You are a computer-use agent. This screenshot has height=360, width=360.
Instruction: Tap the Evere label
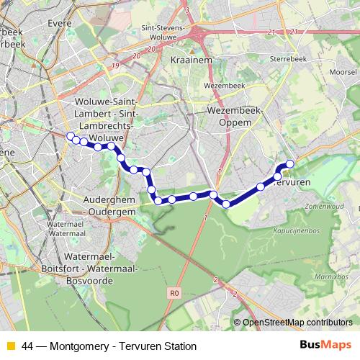coord(60,23)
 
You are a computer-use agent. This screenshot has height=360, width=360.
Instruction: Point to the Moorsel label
coord(342,73)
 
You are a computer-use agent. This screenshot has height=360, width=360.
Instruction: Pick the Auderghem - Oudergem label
coord(112,207)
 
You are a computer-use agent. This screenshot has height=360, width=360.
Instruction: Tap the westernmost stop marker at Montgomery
coord(70,136)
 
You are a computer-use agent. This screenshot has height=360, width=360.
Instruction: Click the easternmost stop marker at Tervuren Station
coord(291,164)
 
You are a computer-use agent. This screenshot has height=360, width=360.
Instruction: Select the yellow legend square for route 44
coord(11,346)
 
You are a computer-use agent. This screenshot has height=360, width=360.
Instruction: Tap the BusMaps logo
coord(325,346)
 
